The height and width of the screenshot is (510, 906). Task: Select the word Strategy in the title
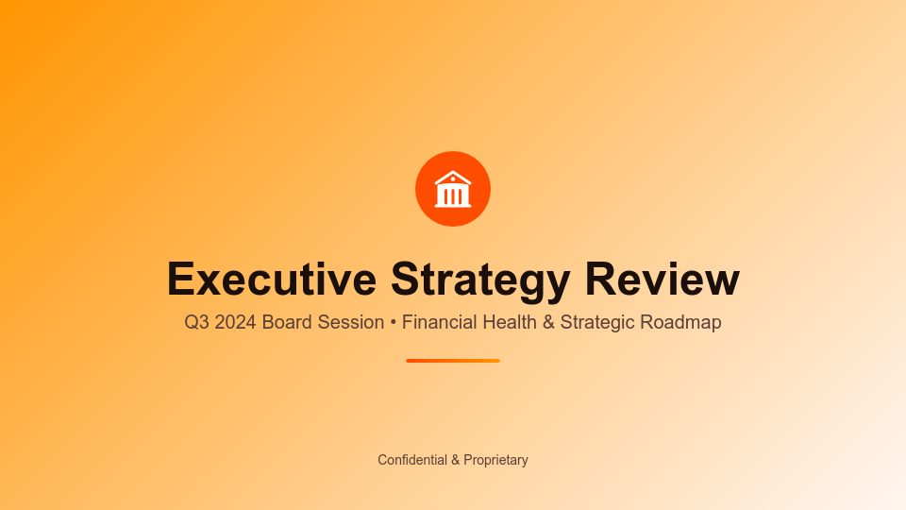[480, 280]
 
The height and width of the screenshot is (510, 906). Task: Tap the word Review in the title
[663, 280]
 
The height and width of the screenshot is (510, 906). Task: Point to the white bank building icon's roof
[453, 176]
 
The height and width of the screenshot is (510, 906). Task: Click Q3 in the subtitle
[196, 322]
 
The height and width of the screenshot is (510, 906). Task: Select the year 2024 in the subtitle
[235, 322]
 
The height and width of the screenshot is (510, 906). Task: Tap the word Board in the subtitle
[287, 322]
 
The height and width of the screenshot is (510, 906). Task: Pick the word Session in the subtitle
[350, 322]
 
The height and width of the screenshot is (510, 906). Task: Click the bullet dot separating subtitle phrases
[393, 323]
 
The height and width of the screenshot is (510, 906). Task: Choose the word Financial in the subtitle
[440, 322]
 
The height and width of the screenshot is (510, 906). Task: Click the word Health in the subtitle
[510, 322]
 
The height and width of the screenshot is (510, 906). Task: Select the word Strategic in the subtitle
[597, 322]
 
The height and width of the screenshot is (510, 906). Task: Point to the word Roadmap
[680, 322]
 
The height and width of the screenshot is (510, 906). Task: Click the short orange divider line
[453, 361]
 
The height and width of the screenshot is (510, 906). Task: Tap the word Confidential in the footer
[412, 460]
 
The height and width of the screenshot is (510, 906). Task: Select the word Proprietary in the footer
[495, 460]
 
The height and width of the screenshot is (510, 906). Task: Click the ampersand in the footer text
[455, 460]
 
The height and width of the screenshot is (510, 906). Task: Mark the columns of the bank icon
[453, 196]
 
